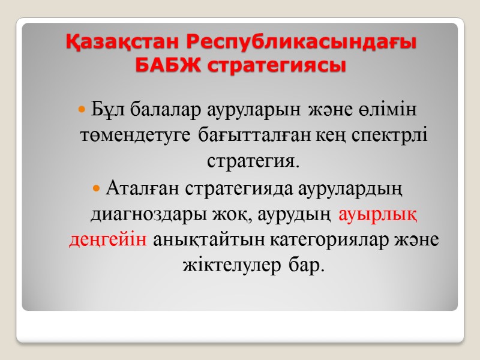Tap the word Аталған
[139, 188]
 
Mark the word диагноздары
[141, 214]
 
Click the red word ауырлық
[378, 214]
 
